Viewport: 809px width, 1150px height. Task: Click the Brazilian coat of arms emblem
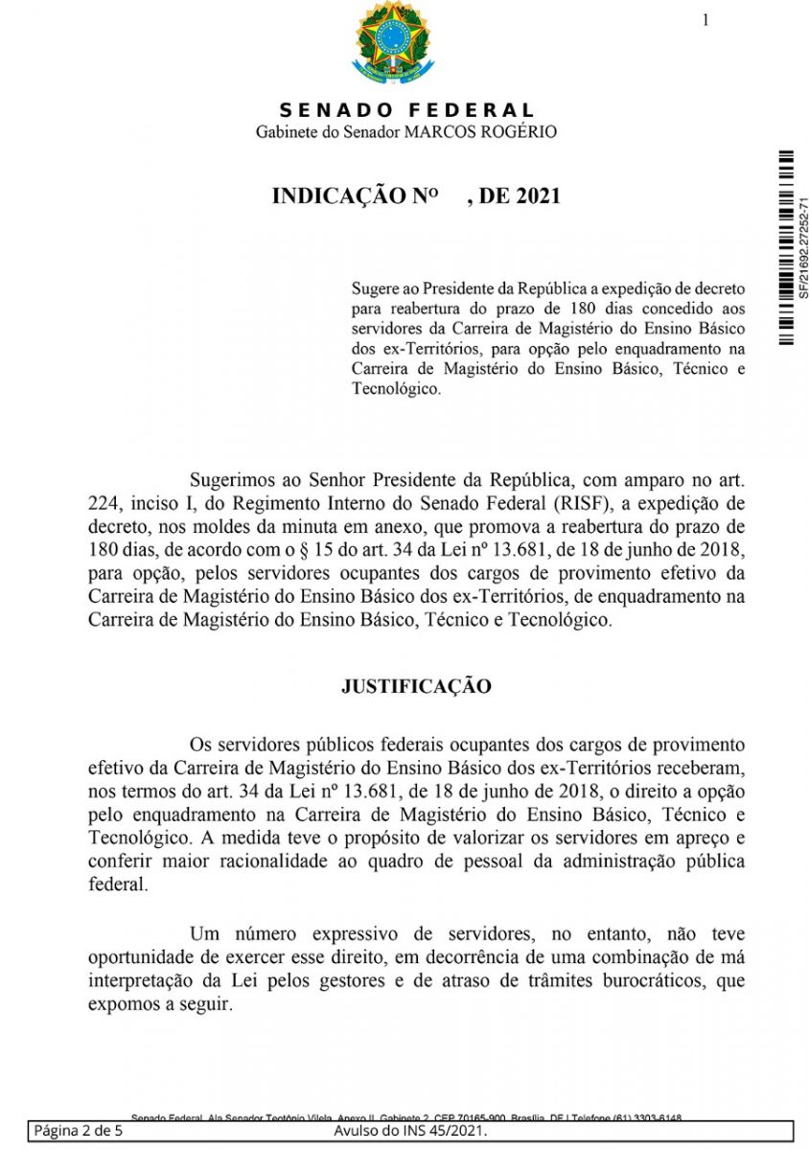[394, 43]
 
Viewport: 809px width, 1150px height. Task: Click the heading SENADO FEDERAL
[407, 111]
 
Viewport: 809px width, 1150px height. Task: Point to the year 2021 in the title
[537, 196]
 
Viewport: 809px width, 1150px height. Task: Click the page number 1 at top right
[705, 20]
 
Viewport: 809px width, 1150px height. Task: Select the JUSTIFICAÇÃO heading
[416, 686]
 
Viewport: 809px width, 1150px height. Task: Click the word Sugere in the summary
[377, 287]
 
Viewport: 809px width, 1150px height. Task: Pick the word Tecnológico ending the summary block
[396, 389]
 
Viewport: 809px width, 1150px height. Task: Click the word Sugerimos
[234, 479]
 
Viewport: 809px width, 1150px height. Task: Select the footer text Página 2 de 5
[79, 1132]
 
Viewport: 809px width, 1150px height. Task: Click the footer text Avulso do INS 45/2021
[410, 1132]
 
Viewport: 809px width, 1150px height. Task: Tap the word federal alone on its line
[118, 885]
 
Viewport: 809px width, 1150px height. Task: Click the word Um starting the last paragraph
[203, 933]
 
